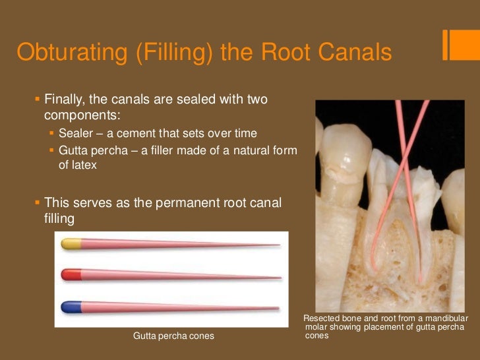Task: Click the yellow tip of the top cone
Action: click(x=71, y=244)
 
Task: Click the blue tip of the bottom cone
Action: click(x=71, y=307)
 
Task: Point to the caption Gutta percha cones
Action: click(x=173, y=336)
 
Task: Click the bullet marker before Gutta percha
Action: click(x=53, y=151)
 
